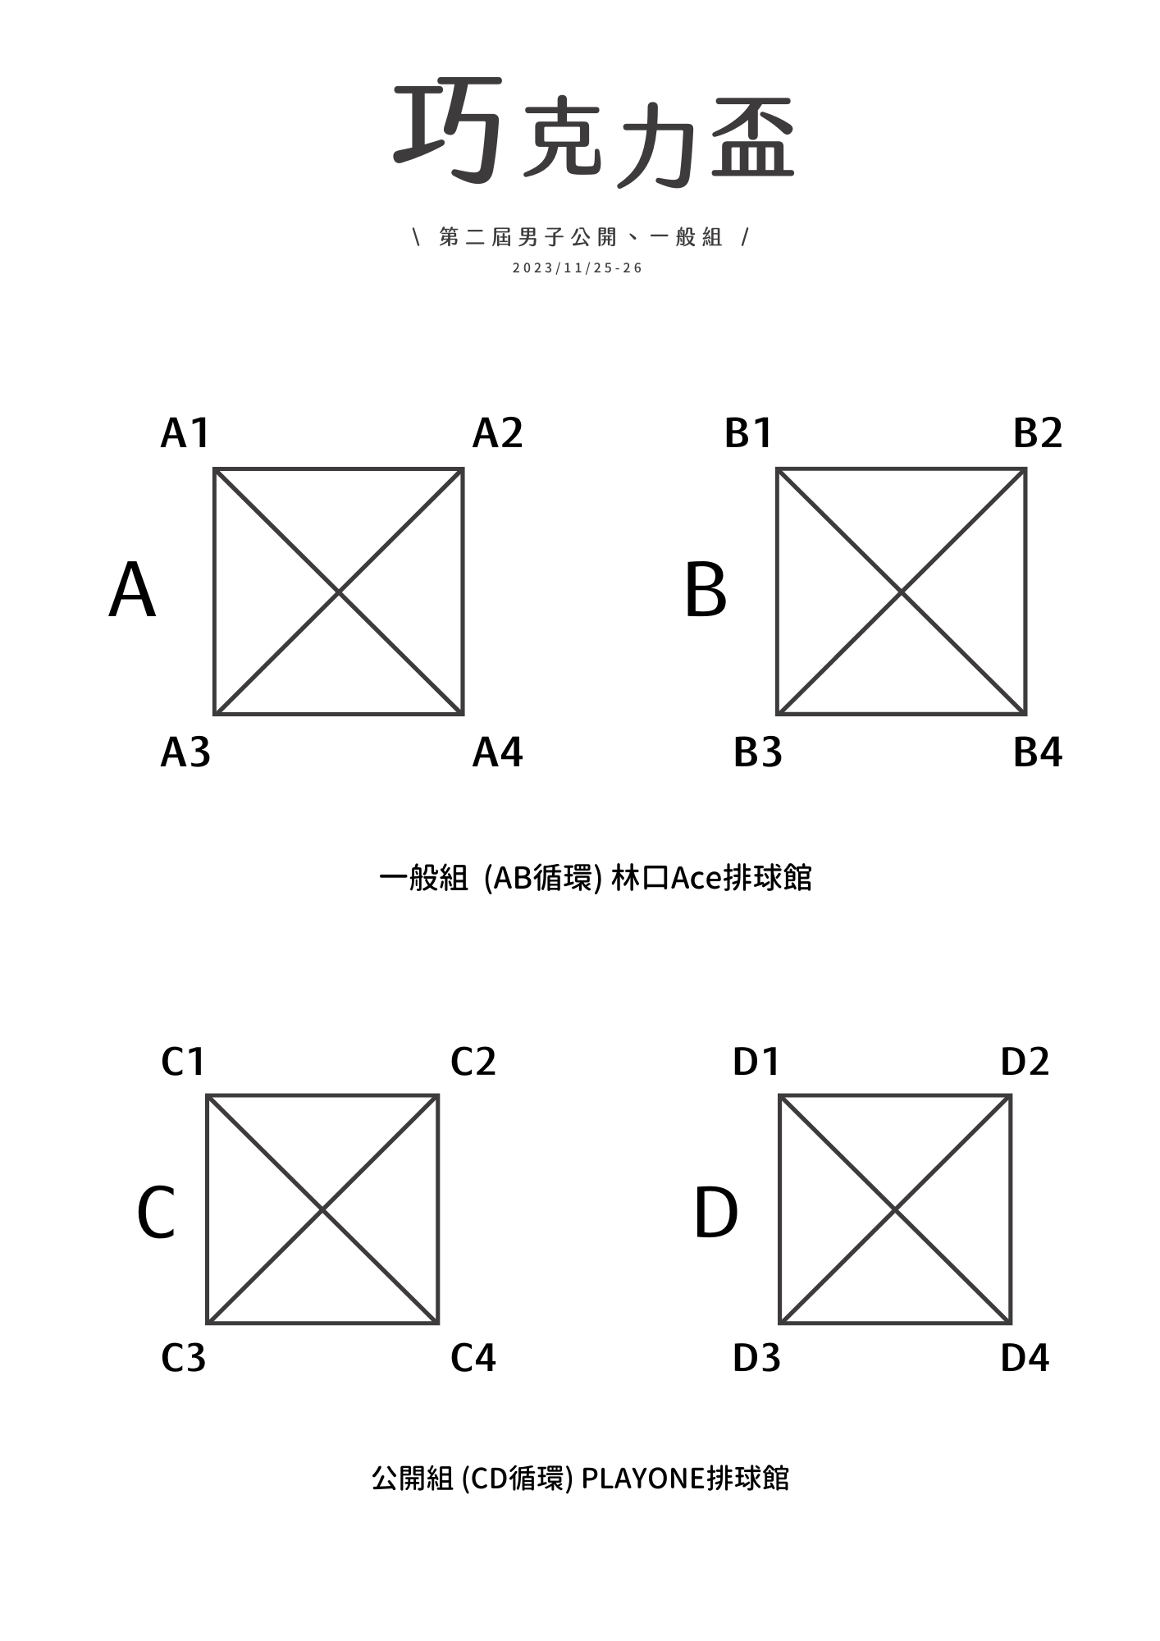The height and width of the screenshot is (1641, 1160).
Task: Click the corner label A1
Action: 185,433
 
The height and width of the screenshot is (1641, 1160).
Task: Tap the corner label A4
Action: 497,752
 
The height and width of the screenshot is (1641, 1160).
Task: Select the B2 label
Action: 1038,433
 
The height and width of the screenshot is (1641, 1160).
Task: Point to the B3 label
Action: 758,752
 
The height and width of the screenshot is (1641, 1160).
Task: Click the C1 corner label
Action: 182,1062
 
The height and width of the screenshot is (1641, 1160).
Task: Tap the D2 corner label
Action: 1025,1062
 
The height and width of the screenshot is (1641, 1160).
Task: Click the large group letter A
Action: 132,591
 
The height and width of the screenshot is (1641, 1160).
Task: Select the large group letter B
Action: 706,591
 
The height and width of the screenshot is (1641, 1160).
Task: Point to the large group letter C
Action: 156,1213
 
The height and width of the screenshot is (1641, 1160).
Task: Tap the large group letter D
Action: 715,1213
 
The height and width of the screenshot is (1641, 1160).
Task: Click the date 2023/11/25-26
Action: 578,268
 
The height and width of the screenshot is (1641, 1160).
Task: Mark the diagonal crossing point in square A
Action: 339,592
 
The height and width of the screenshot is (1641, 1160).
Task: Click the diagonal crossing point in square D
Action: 895,1209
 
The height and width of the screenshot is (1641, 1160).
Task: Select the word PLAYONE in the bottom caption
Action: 643,1479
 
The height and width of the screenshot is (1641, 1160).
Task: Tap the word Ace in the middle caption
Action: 696,879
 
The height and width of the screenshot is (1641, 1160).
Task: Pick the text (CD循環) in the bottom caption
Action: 517,1479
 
